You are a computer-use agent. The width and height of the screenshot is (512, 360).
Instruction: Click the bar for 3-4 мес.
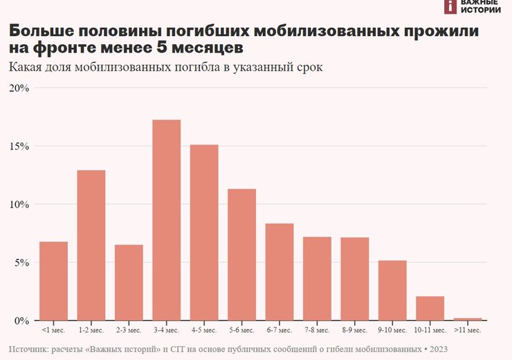(166, 220)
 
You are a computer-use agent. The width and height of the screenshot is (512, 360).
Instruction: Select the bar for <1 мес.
(53, 281)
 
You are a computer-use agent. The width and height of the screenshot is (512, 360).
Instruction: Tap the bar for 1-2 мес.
(91, 245)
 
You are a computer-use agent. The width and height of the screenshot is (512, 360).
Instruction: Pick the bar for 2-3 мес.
(129, 282)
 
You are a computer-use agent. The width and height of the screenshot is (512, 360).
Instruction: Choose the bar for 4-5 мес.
(204, 233)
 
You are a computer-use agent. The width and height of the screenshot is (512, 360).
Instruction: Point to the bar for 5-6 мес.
(241, 255)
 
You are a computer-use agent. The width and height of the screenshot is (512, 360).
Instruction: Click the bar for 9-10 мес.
(392, 290)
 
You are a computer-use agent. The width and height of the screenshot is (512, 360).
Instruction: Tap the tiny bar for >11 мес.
(468, 319)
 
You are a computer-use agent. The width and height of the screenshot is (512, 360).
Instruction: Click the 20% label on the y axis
(19, 88)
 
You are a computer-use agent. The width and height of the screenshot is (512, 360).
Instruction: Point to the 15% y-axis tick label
(19, 146)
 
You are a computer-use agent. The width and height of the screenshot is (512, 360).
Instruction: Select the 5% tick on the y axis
(21, 262)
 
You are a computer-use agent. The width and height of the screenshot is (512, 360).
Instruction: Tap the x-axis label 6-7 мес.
(280, 331)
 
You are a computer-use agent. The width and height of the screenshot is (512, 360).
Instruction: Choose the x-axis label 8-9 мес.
(355, 331)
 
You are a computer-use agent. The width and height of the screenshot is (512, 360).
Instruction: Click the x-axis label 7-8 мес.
(317, 331)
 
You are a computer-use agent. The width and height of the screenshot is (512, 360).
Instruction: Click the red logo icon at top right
(451, 6)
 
